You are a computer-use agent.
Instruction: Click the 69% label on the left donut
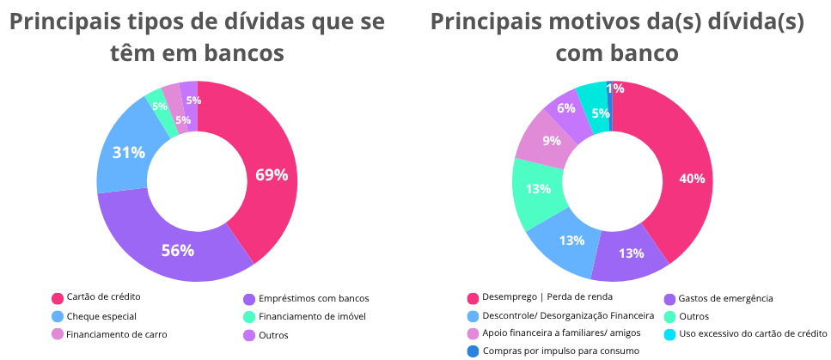[271, 175]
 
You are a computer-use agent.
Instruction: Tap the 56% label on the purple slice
[178, 251]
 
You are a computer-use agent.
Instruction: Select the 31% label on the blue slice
[128, 152]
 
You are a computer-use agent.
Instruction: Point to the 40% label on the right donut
[692, 179]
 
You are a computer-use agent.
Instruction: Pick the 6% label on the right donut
[565, 108]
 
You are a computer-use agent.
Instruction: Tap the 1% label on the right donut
[614, 88]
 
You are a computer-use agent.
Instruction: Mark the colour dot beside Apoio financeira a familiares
[473, 333]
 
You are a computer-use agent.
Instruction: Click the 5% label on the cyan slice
[601, 113]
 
